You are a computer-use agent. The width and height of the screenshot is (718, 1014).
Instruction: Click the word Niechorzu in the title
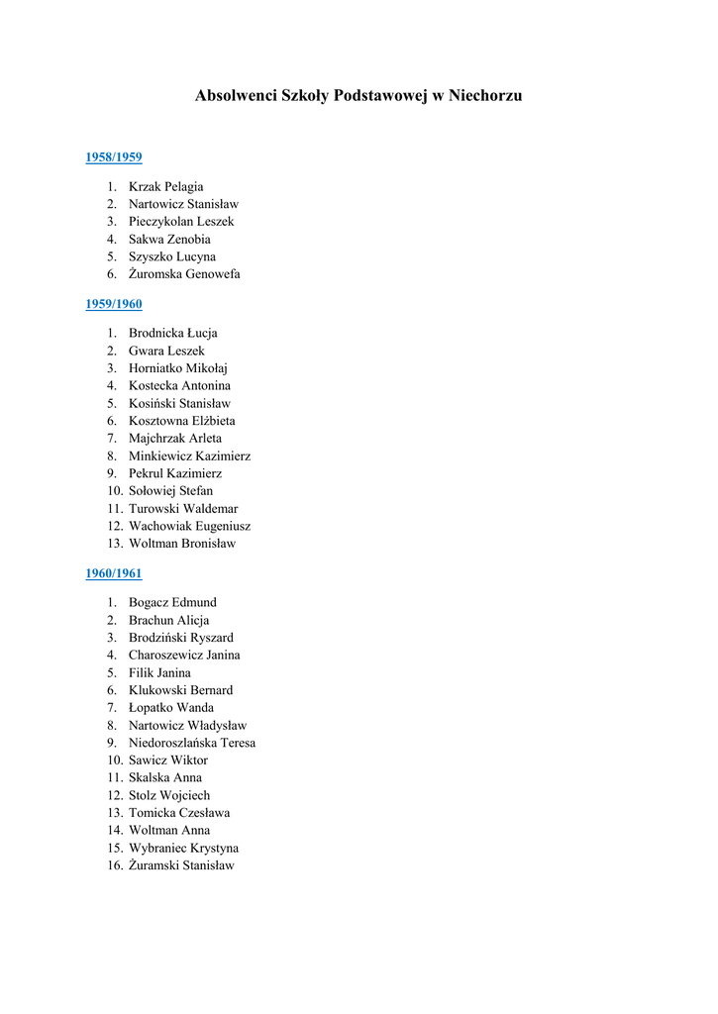[x=485, y=96]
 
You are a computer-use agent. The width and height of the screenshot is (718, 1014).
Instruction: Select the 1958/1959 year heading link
[x=114, y=157]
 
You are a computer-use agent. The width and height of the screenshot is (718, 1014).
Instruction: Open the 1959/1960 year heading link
[x=114, y=304]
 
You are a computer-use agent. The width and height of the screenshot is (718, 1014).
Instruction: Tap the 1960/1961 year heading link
[x=114, y=573]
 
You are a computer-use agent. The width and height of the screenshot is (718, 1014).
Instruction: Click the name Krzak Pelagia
[x=165, y=187]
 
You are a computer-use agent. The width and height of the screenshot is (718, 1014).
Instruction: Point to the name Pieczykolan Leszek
[x=181, y=222]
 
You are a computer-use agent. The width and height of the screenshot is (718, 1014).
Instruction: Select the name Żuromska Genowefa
[x=184, y=274]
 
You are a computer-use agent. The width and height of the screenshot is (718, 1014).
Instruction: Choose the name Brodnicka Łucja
[x=172, y=334]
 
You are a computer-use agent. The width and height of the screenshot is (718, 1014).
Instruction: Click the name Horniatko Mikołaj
[x=178, y=368]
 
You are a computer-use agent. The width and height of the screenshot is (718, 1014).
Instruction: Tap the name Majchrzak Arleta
[x=175, y=439]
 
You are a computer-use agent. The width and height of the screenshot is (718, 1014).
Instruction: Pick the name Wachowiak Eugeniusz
[x=189, y=527]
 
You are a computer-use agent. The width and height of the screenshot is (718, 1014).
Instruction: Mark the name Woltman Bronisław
[x=182, y=544]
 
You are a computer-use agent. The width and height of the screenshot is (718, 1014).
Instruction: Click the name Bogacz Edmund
[x=172, y=603]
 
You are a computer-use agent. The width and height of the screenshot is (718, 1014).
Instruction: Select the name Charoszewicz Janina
[x=184, y=656]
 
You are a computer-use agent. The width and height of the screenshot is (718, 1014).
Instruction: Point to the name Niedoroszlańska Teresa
[x=192, y=743]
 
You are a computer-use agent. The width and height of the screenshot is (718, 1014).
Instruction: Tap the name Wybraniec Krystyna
[x=183, y=849]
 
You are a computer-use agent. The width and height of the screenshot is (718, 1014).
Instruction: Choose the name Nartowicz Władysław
[x=187, y=726]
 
